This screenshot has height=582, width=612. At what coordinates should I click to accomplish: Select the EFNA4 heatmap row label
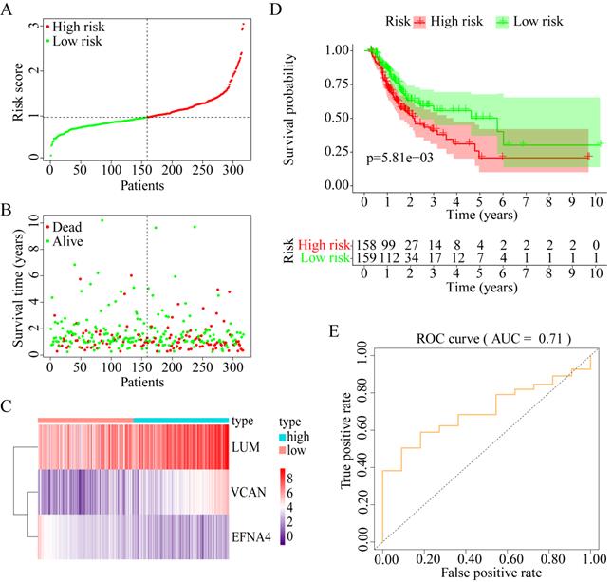tap(254, 536)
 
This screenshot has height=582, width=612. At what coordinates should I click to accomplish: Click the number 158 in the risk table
tap(365, 245)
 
